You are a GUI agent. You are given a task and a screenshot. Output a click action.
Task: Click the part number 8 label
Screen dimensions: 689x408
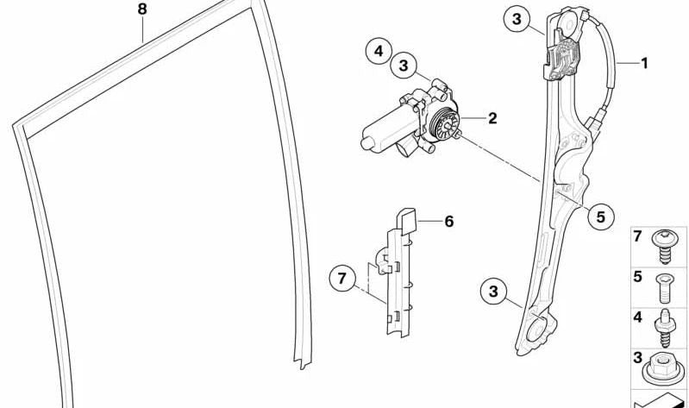142,9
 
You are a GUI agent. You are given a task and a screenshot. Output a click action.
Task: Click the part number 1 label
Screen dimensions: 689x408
644,63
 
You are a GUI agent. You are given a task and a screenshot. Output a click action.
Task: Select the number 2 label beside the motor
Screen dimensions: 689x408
492,118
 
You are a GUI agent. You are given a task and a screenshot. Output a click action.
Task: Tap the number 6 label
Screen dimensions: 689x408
448,221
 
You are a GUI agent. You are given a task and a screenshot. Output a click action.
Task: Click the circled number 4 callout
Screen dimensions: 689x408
379,52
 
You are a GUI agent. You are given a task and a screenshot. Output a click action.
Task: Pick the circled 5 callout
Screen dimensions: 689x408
601,217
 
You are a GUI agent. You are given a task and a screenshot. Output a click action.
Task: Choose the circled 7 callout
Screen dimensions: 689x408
342,278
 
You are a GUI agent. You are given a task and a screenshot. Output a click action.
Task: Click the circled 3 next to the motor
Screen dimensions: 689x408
404,66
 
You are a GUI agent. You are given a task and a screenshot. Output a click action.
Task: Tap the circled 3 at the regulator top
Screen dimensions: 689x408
517,19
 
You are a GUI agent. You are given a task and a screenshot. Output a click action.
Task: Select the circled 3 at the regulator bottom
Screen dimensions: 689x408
493,291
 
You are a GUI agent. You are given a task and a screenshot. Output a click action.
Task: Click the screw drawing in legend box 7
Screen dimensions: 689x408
664,246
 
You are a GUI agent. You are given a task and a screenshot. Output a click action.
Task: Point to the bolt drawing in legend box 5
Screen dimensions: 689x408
665,288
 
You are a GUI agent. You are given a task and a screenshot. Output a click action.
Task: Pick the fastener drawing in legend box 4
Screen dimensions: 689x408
664,328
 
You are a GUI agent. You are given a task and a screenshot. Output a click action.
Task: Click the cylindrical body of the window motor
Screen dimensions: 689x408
387,128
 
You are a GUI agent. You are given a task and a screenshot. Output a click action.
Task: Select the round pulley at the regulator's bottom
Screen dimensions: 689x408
539,330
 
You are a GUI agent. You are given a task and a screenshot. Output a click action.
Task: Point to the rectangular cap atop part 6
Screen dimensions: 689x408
407,220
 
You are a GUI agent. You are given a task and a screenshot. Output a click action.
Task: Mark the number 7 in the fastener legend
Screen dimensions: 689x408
637,236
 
